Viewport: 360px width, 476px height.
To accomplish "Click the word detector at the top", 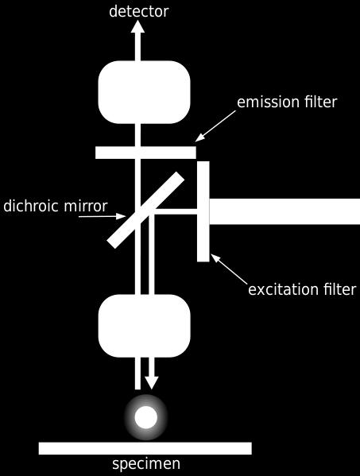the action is pyautogui.click(x=139, y=11).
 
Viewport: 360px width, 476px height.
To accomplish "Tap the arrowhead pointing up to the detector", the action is pyautogui.click(x=137, y=26).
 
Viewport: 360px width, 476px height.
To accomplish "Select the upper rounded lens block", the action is pyautogui.click(x=144, y=92).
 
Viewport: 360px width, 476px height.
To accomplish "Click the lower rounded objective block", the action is pyautogui.click(x=144, y=326).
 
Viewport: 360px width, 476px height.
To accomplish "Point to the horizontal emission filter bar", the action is pyautogui.click(x=145, y=153).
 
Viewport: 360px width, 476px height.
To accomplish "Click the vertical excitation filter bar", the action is pyautogui.click(x=203, y=211).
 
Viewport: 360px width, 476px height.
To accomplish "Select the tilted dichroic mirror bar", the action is pyautogui.click(x=145, y=210).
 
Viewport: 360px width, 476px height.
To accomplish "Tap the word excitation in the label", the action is pyautogui.click(x=284, y=289).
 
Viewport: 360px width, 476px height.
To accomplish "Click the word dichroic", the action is pyautogui.click(x=29, y=206).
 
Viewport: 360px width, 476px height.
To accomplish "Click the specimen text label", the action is pyautogui.click(x=146, y=464).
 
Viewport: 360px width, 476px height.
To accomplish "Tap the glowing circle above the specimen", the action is pyautogui.click(x=146, y=417).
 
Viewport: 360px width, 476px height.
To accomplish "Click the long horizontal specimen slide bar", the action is pyautogui.click(x=145, y=448).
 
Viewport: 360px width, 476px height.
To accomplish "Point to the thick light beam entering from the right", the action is pyautogui.click(x=285, y=211).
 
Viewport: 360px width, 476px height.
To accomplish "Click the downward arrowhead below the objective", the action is pyautogui.click(x=152, y=382).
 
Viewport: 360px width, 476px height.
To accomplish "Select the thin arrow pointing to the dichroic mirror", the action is pyautogui.click(x=103, y=216).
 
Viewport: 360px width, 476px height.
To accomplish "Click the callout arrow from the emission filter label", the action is pyautogui.click(x=215, y=126).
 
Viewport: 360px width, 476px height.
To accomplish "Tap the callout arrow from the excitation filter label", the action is pyautogui.click(x=229, y=269).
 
